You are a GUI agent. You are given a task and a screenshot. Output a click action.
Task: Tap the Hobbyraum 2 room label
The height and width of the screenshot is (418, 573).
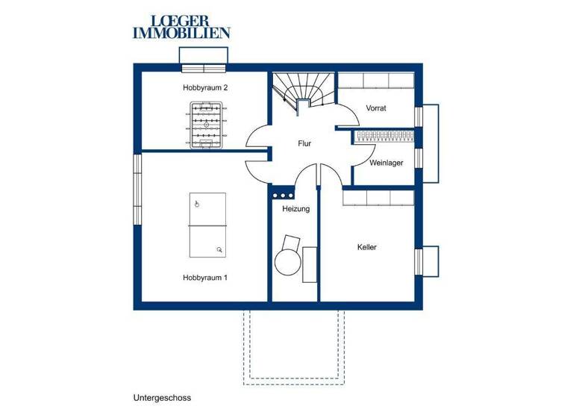coord(205,88)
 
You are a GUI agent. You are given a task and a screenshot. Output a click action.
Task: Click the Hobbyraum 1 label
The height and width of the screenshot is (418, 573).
coord(205,277)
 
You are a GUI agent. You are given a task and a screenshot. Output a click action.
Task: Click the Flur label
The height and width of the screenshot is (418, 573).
coord(304,143)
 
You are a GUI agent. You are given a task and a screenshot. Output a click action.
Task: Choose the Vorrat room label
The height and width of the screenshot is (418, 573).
coord(376,108)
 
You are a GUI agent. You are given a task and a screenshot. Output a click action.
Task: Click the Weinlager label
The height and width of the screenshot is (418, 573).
coord(386,162)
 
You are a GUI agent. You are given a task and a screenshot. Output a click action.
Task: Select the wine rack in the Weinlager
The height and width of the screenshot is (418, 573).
coord(383,136)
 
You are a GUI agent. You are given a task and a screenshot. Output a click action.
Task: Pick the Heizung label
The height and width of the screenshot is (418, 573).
coord(295,209)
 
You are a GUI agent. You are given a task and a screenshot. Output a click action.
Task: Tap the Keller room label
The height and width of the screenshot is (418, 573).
coord(366,247)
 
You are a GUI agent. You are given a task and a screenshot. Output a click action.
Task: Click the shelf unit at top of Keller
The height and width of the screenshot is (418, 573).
coord(378,198)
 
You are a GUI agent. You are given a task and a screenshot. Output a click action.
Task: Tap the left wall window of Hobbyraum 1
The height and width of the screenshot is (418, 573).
coord(137,190)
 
